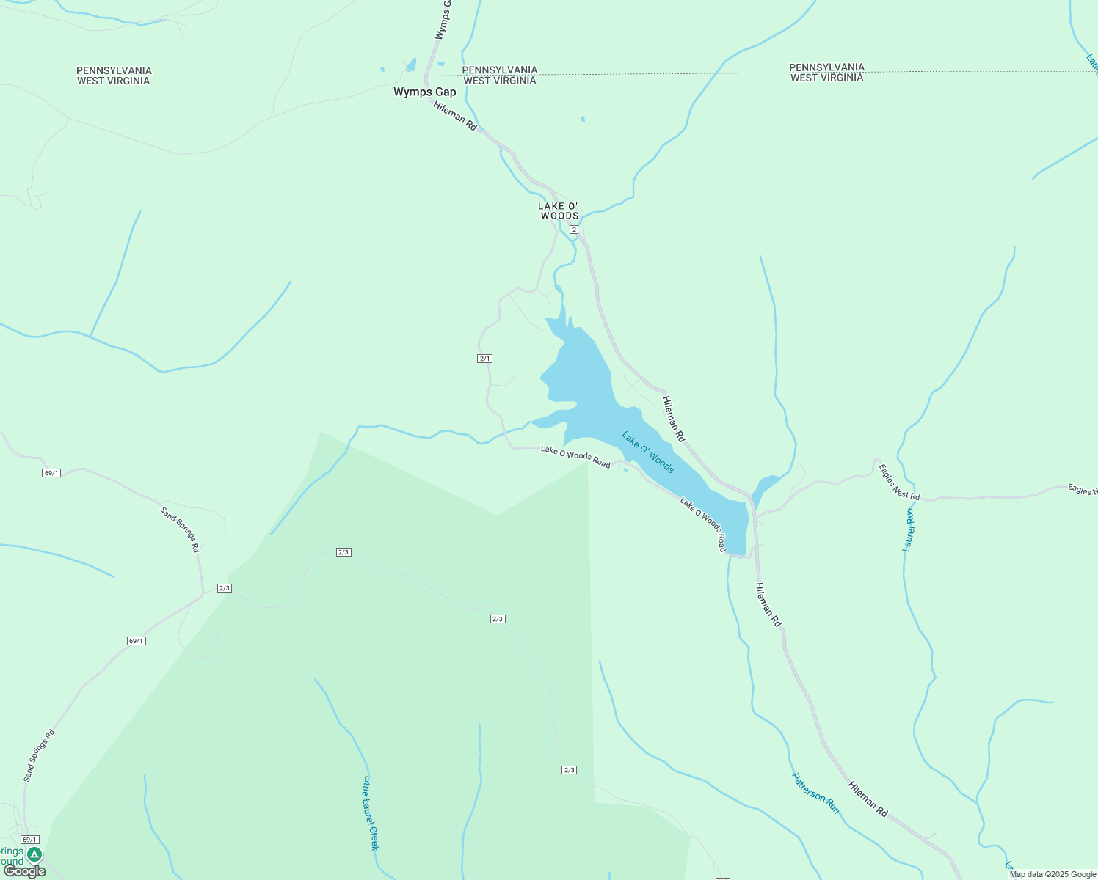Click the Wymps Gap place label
point(424,92)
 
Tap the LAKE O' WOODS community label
point(559,211)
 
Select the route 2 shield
point(574,230)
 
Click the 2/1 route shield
point(484,359)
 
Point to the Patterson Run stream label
point(815,793)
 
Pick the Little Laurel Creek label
point(371,813)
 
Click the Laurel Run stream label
point(909,529)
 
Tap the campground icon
point(34,854)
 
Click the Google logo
point(24,871)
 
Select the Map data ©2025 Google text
point(1052,874)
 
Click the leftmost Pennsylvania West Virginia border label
point(114,76)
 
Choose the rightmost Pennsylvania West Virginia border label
point(826,72)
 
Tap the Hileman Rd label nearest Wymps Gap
point(455,117)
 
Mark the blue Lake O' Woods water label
point(648,452)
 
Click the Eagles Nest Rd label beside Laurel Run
point(899,482)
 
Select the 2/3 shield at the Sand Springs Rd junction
point(225,588)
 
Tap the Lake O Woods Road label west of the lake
point(575,456)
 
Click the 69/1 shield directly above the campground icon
point(29,840)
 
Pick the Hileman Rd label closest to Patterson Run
point(868,799)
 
